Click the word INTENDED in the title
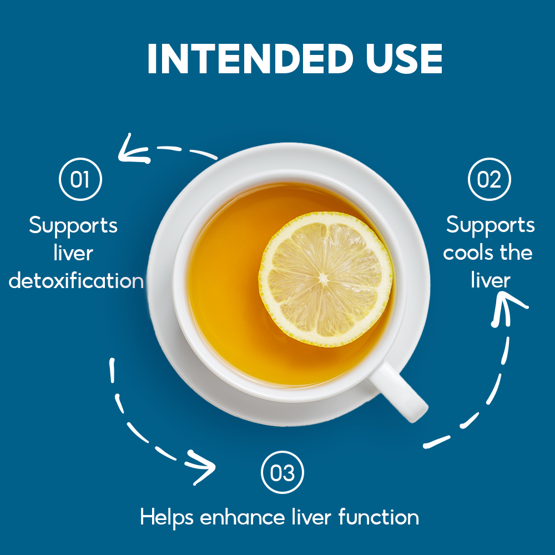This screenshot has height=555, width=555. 250,59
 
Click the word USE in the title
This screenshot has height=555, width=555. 404,59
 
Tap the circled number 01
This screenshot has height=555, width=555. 80,179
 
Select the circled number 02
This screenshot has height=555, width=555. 489,179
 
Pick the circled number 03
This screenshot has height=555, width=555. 282,472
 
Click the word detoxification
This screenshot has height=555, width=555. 76,281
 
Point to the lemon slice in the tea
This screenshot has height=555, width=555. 325,279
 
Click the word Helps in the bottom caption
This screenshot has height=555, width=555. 167,517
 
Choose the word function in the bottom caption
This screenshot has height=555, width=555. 379,517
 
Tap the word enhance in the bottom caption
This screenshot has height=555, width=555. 243,517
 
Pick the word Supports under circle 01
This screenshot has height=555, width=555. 73,225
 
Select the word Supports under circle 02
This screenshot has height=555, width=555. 490,225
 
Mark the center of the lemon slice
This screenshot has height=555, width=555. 324,279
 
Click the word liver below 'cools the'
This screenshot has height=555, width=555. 491,280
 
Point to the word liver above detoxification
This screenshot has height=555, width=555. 73,253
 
